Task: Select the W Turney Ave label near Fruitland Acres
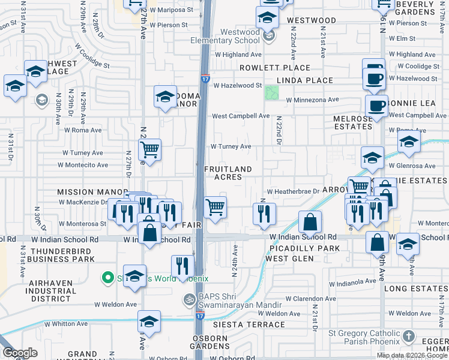231,146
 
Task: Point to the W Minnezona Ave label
312,100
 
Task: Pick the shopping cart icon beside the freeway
215,208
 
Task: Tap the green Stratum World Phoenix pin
108,277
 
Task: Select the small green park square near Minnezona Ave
272,93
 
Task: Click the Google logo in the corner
19,353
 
